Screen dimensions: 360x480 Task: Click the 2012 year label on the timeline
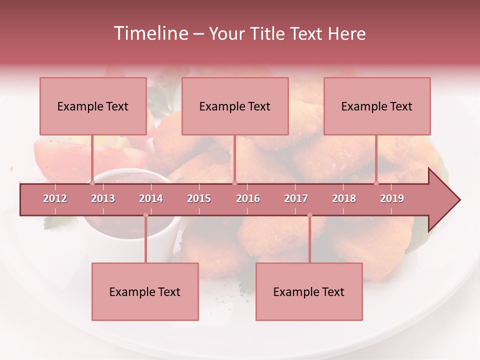click(55, 198)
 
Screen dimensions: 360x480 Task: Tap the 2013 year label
click(103, 198)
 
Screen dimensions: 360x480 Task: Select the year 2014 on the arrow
click(151, 198)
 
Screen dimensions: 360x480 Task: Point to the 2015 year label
click(199, 198)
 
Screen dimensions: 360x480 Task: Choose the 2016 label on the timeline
click(248, 198)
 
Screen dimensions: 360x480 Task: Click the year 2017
click(296, 198)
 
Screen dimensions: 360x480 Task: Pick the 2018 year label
click(344, 198)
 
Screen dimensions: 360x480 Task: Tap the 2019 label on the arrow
click(392, 198)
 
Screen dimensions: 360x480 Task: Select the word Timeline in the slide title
click(150, 33)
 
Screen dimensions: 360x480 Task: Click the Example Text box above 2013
click(93, 106)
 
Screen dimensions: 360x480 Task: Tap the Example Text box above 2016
click(235, 106)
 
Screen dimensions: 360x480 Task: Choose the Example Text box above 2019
click(377, 106)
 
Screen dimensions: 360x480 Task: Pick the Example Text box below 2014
click(145, 291)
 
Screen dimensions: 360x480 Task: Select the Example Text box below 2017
click(309, 291)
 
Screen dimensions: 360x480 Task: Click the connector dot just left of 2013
click(92, 183)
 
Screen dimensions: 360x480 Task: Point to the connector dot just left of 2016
click(234, 183)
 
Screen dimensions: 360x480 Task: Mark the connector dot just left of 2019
click(376, 183)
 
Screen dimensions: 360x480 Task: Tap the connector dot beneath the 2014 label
click(145, 215)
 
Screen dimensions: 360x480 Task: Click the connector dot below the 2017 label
click(309, 215)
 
